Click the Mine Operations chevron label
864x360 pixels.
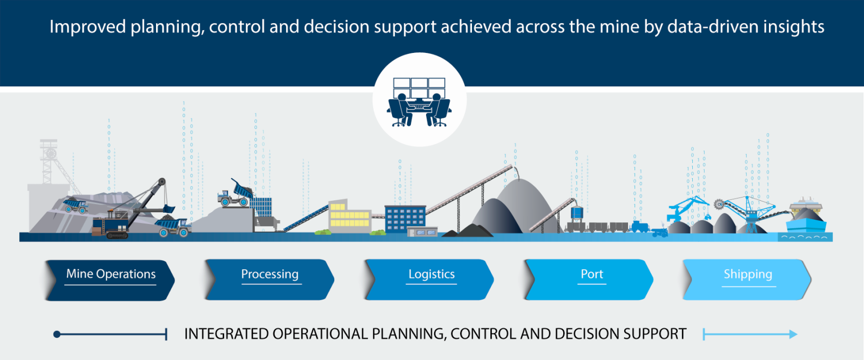point(111,275)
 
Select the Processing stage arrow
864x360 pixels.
point(269,275)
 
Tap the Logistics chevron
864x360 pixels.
point(431,275)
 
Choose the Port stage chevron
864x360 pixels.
point(591,275)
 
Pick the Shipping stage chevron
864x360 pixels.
point(748,275)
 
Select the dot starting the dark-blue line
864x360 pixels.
point(57,335)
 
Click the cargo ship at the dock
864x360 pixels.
point(806,216)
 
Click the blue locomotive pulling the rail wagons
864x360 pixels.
point(640,226)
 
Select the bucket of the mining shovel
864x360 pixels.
point(169,208)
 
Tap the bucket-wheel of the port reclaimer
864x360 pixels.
point(719,205)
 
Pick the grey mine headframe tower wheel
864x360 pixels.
point(50,153)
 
